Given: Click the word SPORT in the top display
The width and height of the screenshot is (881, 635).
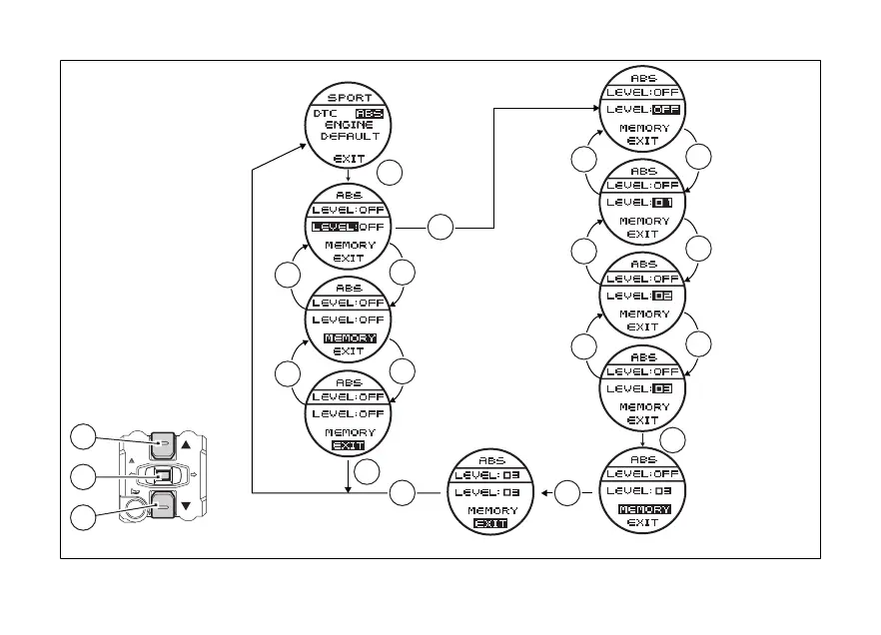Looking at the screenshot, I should pyautogui.click(x=349, y=98).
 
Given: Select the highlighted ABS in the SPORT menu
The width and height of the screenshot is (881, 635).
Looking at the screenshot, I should pyautogui.click(x=370, y=113).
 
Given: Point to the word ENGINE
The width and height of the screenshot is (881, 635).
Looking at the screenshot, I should pyautogui.click(x=349, y=125).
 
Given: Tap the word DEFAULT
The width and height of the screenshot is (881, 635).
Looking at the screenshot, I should pyautogui.click(x=349, y=137).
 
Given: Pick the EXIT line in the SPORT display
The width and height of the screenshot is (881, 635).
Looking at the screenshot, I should pyautogui.click(x=349, y=158).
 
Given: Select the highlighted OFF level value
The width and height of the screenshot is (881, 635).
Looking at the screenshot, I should pyautogui.click(x=665, y=109).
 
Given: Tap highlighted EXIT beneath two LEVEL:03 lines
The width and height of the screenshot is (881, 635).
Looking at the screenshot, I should pyautogui.click(x=490, y=523).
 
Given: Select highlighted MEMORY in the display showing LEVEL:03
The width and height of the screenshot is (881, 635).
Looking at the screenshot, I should pyautogui.click(x=643, y=509).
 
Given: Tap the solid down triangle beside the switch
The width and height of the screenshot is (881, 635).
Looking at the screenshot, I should pyautogui.click(x=186, y=505).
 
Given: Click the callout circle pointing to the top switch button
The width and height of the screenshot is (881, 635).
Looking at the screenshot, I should pyautogui.click(x=86, y=437).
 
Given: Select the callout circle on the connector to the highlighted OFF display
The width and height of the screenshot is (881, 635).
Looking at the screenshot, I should pyautogui.click(x=440, y=228).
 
